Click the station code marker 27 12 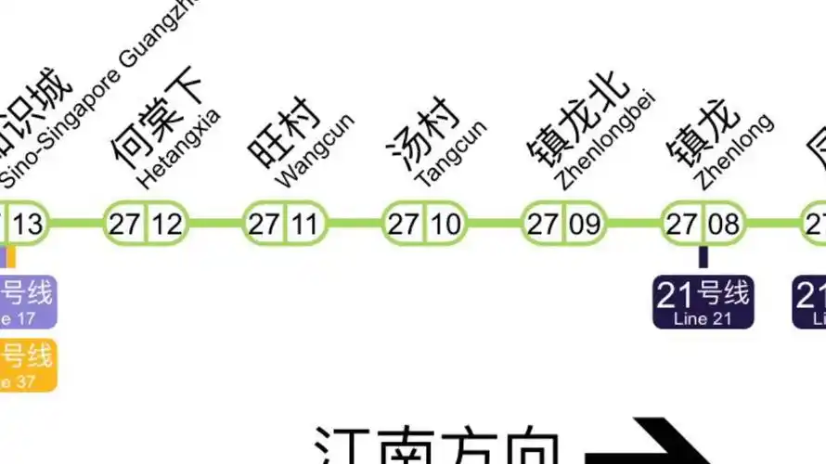pyautogui.click(x=146, y=224)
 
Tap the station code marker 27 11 pyautogui.click(x=285, y=224)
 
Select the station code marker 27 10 pyautogui.click(x=424, y=224)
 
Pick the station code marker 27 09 pyautogui.click(x=563, y=224)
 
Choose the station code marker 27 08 pyautogui.click(x=703, y=224)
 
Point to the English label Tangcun pyautogui.click(x=452, y=152)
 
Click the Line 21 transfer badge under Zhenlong pyautogui.click(x=703, y=303)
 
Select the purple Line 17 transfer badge pyautogui.click(x=27, y=303)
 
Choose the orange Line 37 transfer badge pyautogui.click(x=27, y=363)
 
